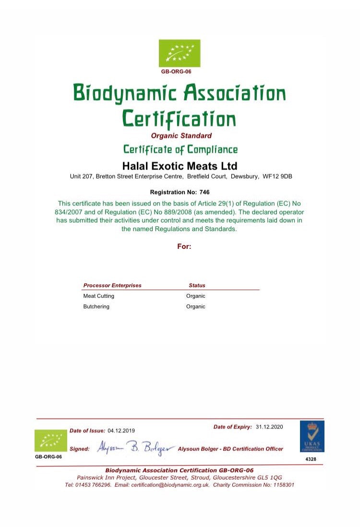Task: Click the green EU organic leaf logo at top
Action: pyautogui.click(x=180, y=53)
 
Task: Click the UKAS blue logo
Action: pyautogui.click(x=312, y=436)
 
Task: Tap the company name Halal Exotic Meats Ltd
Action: pyautogui.click(x=180, y=166)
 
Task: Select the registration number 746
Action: pyautogui.click(x=204, y=192)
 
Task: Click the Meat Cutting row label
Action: pyautogui.click(x=99, y=296)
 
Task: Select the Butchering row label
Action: pyautogui.click(x=96, y=306)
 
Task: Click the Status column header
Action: pyautogui.click(x=197, y=285)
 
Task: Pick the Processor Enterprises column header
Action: pyautogui.click(x=112, y=285)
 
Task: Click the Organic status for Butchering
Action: pyautogui.click(x=196, y=306)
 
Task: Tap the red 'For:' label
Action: pyautogui.click(x=184, y=246)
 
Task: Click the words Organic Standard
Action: pyautogui.click(x=181, y=135)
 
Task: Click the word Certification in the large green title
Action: pyautogui.click(x=180, y=118)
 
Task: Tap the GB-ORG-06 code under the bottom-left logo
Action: pyautogui.click(x=48, y=456)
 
